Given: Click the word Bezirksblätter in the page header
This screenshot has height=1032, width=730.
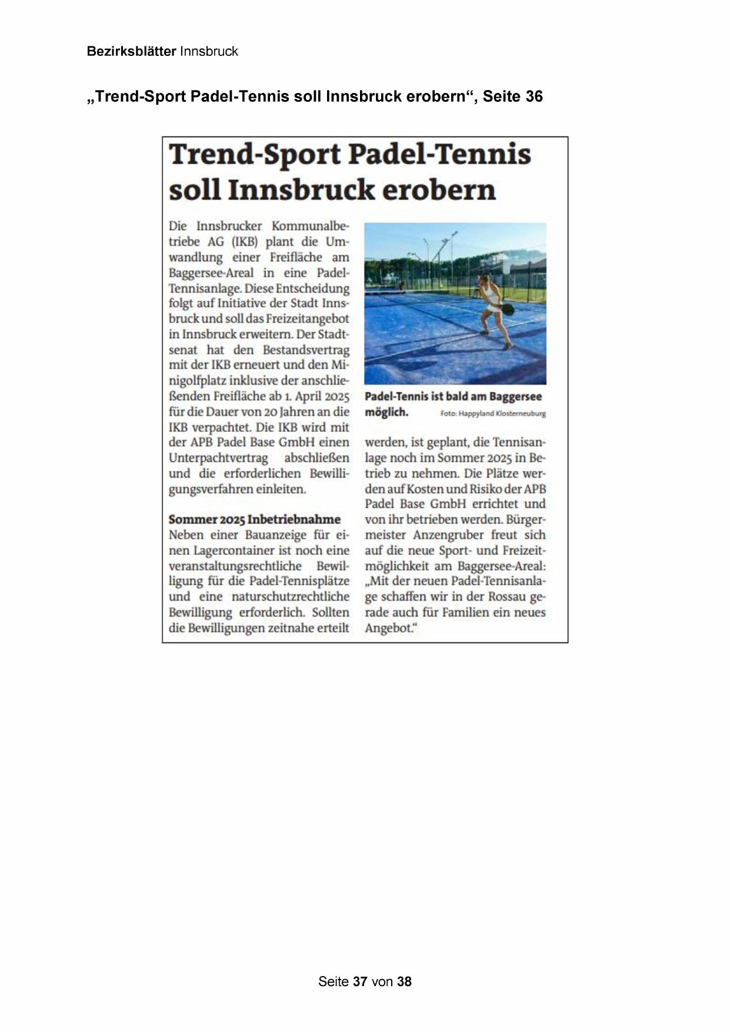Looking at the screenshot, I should click(x=131, y=51).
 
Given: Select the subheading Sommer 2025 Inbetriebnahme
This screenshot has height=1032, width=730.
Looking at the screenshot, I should click(x=254, y=520).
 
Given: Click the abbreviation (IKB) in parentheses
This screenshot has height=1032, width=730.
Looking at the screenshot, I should click(x=245, y=242).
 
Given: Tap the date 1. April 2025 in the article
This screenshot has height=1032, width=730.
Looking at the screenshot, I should click(x=317, y=396).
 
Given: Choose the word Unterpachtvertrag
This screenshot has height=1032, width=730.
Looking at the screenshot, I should click(x=218, y=458).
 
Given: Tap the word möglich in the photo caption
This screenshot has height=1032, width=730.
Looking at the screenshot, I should click(x=386, y=412).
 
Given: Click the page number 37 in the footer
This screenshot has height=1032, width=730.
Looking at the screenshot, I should click(x=360, y=981).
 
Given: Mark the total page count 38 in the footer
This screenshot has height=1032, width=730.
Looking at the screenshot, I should click(x=404, y=981).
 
